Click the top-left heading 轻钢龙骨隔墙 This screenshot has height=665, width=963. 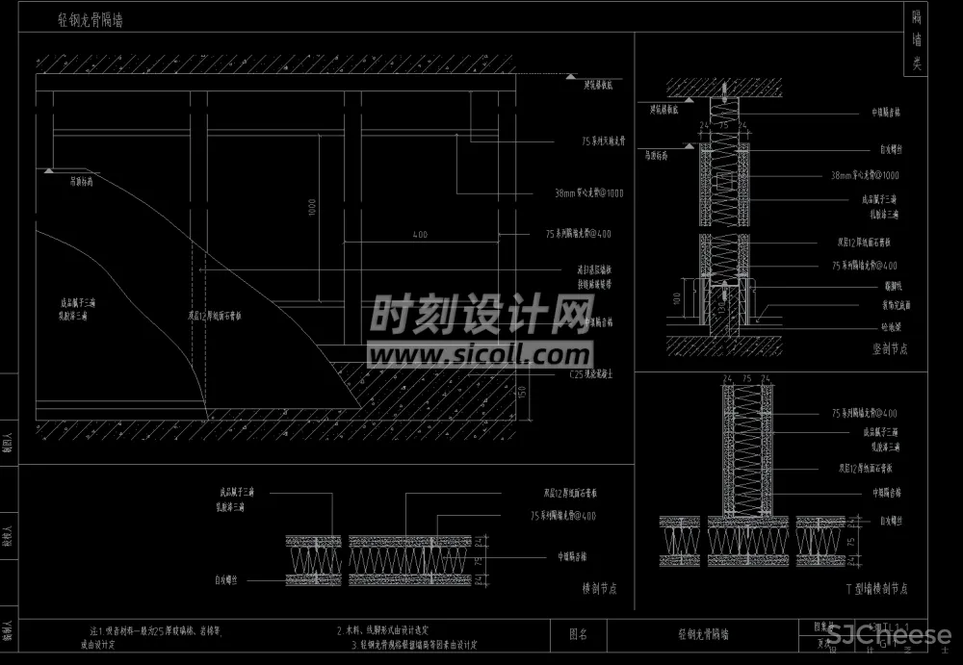point(90,19)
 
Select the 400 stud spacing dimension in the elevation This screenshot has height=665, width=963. point(420,234)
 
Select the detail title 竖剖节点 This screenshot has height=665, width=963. point(889,349)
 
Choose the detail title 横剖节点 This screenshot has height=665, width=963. point(599,587)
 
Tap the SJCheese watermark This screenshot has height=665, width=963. point(890,636)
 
